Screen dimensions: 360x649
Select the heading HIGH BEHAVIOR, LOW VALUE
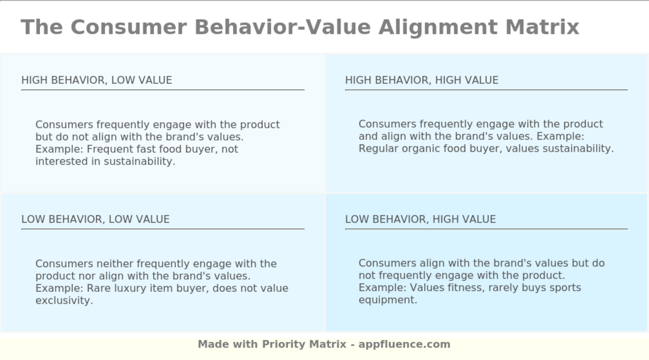click(x=96, y=80)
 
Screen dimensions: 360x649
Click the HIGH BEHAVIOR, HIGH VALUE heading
click(x=421, y=80)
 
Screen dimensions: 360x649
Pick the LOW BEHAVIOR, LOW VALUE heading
click(x=95, y=219)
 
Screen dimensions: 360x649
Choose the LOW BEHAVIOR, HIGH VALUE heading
click(x=420, y=219)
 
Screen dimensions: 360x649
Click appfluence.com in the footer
click(x=404, y=345)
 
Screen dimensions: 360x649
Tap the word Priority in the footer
click(x=284, y=345)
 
